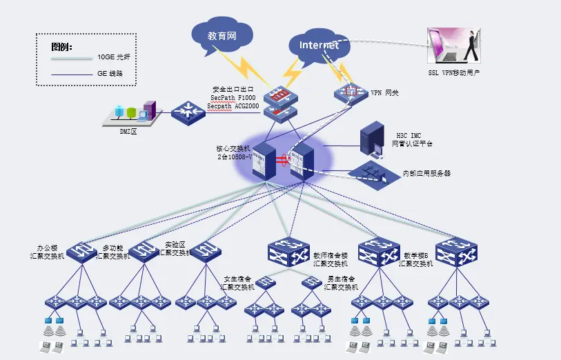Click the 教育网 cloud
tap(222, 34)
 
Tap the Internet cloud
tap(319, 46)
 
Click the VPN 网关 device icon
tap(352, 92)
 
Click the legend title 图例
tap(61, 48)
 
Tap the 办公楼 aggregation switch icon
tap(83, 252)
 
